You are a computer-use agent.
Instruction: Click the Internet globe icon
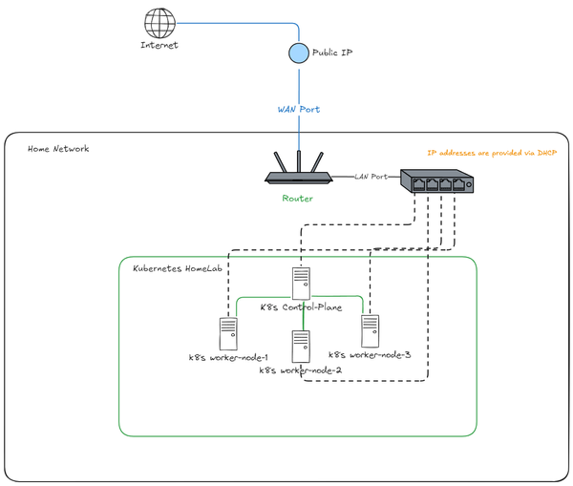click(x=159, y=23)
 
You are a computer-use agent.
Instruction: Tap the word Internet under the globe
click(x=159, y=45)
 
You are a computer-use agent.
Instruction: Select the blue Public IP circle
click(x=298, y=53)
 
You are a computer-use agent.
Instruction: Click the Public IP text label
click(x=332, y=53)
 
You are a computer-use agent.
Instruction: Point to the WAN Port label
click(x=298, y=110)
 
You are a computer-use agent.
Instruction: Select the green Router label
click(x=297, y=199)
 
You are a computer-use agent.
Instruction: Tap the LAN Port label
click(x=372, y=177)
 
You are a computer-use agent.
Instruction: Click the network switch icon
click(x=436, y=180)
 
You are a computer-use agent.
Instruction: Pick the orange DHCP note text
click(x=491, y=153)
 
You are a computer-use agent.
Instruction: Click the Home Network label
click(x=58, y=149)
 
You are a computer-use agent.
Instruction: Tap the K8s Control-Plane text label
click(x=302, y=308)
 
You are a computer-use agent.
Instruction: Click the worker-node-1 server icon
click(x=228, y=334)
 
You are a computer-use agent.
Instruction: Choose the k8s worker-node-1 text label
click(x=228, y=358)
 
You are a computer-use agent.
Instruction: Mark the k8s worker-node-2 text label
click(x=302, y=370)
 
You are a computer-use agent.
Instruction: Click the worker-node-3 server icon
click(x=370, y=330)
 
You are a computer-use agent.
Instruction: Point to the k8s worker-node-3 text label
click(x=370, y=355)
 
